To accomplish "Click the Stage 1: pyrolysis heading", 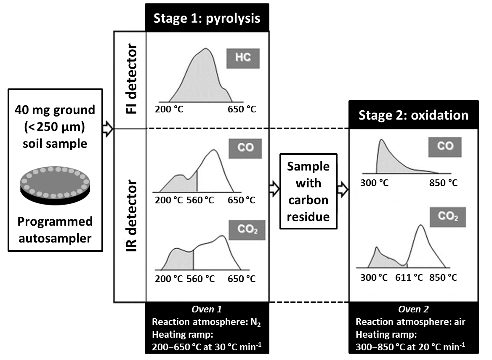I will point(207,18).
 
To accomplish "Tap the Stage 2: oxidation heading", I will point(413,115).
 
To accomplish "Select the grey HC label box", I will point(243,59).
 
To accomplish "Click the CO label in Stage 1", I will point(245,148).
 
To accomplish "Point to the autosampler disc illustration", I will point(55,185).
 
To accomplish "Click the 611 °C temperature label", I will point(409,277).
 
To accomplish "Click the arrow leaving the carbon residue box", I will point(343,190).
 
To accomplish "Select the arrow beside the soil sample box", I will point(108,130).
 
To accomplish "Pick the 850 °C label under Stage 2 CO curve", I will point(443,183).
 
